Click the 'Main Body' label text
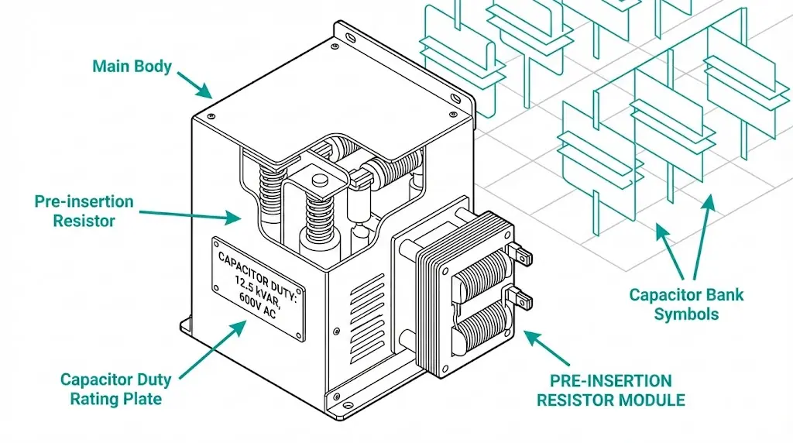[132, 66]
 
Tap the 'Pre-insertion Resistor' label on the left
[84, 211]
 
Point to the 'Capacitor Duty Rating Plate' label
[116, 390]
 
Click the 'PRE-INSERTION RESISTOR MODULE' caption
[611, 390]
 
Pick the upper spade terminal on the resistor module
[520, 253]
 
